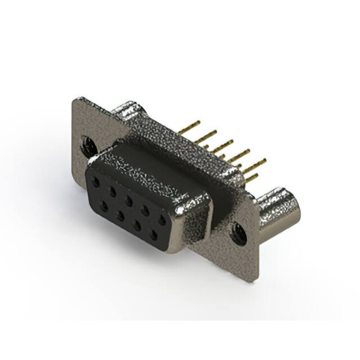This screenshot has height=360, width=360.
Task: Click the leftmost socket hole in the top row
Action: coord(96,183)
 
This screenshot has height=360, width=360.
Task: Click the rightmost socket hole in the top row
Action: coord(163,219)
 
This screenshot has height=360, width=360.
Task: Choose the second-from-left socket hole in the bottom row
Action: coord(120,213)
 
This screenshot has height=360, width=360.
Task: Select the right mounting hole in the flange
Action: coord(238,232)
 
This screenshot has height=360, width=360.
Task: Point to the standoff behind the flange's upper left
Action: coord(127,110)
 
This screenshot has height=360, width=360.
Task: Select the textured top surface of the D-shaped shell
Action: coord(152,169)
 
